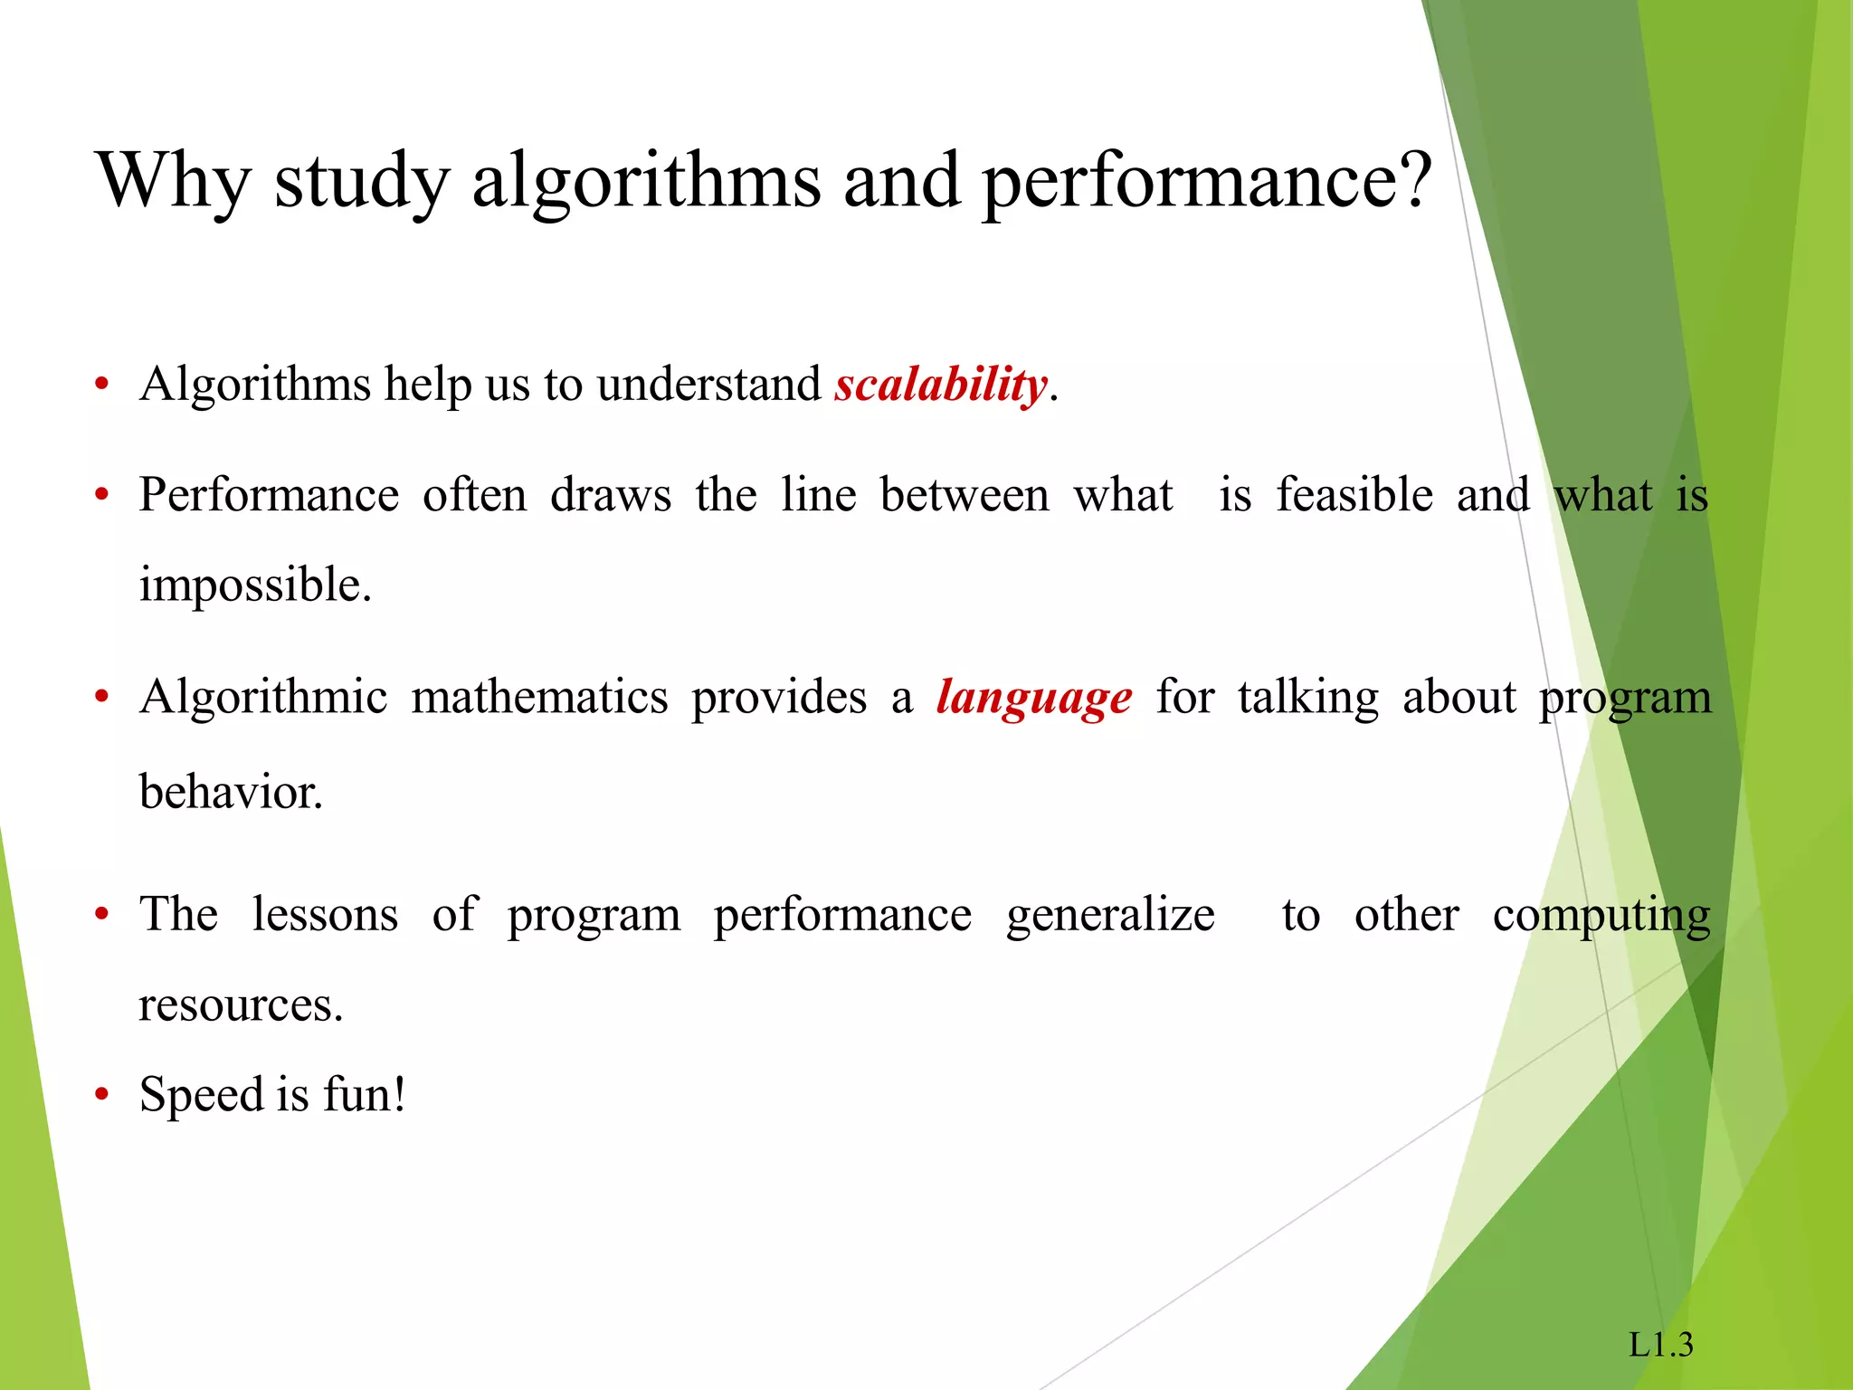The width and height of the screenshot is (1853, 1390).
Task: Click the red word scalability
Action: click(x=940, y=386)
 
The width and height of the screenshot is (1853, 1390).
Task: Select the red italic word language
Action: click(x=1033, y=699)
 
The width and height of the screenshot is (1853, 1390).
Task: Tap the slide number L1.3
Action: click(x=1660, y=1345)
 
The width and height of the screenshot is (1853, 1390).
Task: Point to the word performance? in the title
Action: click(x=1207, y=181)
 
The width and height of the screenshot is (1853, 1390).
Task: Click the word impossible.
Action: click(x=255, y=585)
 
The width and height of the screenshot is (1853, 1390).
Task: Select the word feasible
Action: click(x=1354, y=496)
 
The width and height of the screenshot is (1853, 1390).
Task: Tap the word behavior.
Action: click(x=231, y=793)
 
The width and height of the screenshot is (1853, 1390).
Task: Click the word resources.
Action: click(x=241, y=1004)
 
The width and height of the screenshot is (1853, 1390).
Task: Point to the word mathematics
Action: click(x=539, y=699)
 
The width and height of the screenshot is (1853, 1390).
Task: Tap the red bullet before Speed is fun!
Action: click(x=102, y=1096)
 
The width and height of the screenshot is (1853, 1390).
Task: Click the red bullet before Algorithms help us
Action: click(x=102, y=386)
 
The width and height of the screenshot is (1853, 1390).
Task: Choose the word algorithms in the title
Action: click(x=646, y=181)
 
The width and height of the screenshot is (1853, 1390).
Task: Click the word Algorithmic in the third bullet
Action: click(x=263, y=699)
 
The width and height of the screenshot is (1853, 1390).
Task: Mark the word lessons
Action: click(x=325, y=915)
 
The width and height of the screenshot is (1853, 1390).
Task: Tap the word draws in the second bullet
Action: click(x=611, y=496)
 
